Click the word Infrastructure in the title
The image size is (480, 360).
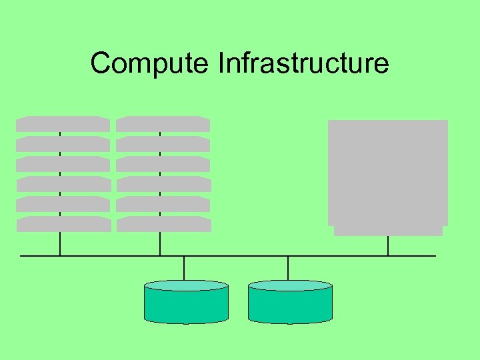(303, 63)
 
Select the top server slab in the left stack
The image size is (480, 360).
(63, 124)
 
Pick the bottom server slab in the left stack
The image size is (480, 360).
(63, 224)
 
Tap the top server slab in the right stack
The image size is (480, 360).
(163, 124)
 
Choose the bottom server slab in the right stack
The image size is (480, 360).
(163, 224)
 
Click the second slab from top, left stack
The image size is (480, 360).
(63, 144)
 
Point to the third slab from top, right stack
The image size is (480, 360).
(163, 164)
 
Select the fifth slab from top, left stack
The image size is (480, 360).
(63, 204)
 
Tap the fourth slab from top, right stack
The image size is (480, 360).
(163, 184)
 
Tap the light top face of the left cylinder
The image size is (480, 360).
(186, 285)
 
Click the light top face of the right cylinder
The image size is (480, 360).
(290, 285)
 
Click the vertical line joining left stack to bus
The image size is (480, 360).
(60, 244)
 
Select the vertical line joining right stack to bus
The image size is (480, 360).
(160, 244)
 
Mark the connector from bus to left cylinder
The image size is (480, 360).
(184, 267)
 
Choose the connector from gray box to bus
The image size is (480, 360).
(388, 246)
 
